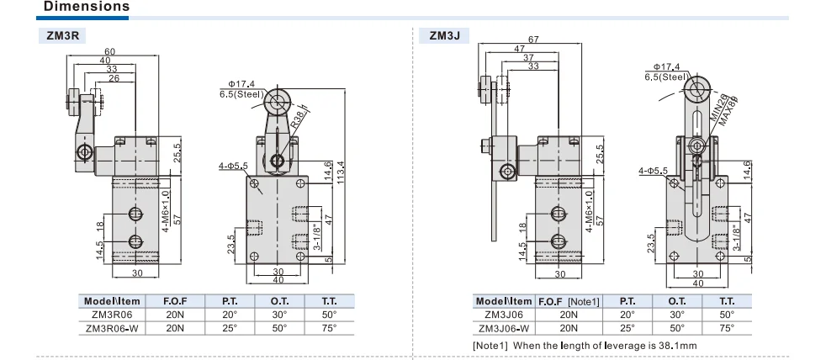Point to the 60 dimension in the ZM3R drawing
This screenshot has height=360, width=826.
pos(109,52)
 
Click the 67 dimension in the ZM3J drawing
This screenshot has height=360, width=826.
pos(532,40)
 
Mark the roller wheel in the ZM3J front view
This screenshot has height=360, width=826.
pos(696,87)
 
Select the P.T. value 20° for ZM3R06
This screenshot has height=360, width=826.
pos(228,315)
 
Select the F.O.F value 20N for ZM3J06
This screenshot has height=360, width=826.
pos(569,315)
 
